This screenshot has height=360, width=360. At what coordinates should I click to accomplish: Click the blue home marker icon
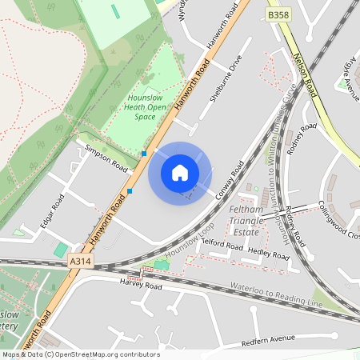[x=180, y=173]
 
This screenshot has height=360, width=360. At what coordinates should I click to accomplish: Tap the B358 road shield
[x=278, y=15]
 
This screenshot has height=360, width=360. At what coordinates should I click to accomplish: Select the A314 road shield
[x=79, y=261]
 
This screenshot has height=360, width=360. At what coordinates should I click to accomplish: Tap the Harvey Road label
[x=141, y=285]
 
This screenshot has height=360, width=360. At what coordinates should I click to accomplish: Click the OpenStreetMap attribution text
[x=81, y=354]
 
